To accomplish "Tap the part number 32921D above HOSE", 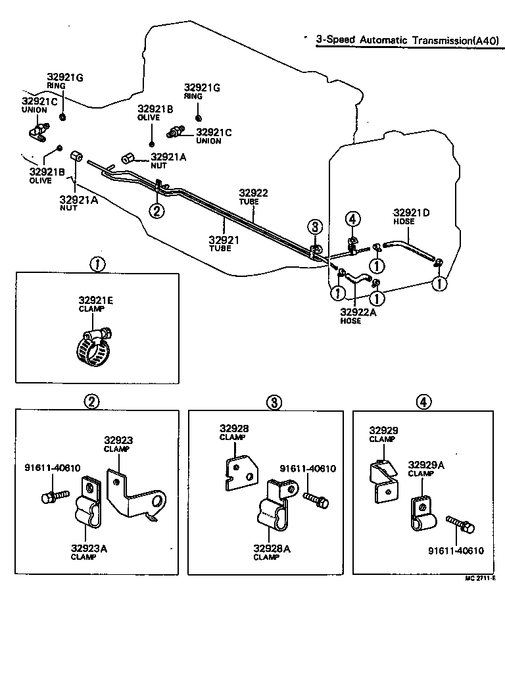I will pyautogui.click(x=412, y=212).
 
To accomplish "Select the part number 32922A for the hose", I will pyautogui.click(x=358, y=312).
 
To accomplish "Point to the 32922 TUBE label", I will pyautogui.click(x=253, y=193).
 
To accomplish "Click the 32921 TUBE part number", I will pyautogui.click(x=224, y=240).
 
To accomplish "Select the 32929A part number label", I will pyautogui.click(x=426, y=464).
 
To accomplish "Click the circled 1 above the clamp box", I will pyautogui.click(x=97, y=264).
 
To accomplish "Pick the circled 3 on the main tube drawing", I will pyautogui.click(x=315, y=227).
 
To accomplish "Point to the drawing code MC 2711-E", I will pyautogui.click(x=478, y=579).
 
